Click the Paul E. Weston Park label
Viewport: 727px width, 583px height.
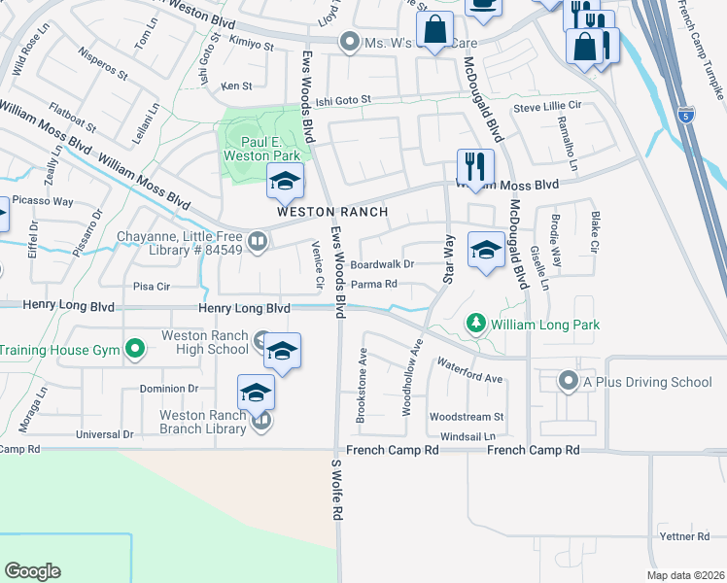pos(261,148)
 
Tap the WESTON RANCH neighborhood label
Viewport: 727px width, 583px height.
pos(332,212)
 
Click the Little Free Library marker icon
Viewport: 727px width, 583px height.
pos(257,241)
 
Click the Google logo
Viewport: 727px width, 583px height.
pos(33,571)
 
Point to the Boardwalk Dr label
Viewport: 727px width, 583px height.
pos(382,263)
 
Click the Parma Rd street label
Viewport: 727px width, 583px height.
pos(374,285)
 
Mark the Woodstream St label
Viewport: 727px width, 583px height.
pos(466,416)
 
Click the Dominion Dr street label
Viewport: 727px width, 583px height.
pos(169,389)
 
